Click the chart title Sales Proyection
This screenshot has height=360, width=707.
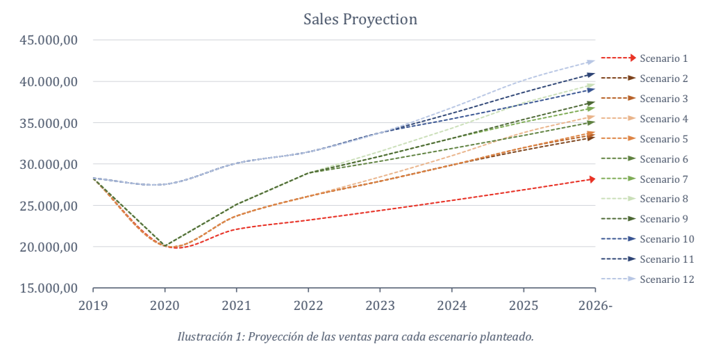[360, 19]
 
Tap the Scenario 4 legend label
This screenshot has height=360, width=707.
[663, 119]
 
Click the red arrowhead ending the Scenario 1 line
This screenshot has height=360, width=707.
[592, 179]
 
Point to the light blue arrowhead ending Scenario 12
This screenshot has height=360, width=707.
[591, 62]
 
